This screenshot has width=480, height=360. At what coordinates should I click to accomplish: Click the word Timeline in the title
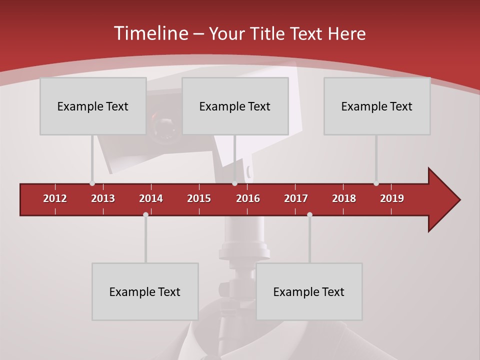point(150,33)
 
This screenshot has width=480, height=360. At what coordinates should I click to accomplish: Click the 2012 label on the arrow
point(55,198)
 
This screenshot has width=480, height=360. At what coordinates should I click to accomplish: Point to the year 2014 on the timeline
point(151,198)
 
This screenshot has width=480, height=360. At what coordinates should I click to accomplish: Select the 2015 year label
point(199,198)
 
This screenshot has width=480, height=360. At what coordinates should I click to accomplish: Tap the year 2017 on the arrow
point(296,198)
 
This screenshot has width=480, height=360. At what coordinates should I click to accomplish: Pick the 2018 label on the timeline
point(344,198)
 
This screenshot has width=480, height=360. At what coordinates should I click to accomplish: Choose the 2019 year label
point(392,198)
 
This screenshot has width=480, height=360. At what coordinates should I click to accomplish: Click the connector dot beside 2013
point(92,183)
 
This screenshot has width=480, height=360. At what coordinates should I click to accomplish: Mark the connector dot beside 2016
point(234,183)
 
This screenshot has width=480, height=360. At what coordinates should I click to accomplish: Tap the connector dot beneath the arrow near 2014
point(145,214)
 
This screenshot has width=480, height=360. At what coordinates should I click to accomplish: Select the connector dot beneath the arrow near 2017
point(309,214)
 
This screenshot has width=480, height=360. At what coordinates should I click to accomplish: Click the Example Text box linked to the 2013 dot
point(93,106)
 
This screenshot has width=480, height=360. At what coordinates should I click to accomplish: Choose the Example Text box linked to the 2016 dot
point(235,106)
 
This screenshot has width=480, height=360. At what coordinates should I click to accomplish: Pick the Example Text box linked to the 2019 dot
point(377,106)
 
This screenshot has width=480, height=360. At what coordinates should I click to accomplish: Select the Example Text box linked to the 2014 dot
point(145,291)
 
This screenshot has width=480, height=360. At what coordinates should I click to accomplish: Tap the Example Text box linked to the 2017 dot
point(309,291)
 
